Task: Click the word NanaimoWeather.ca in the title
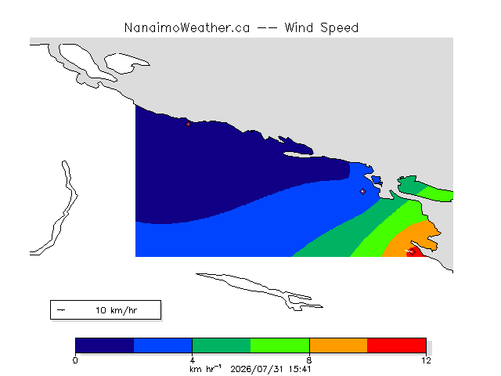pos(187,28)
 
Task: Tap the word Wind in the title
pos(299,28)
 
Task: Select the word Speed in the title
pos(339,28)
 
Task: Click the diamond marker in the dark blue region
pos(188,124)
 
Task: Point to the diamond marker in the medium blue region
pos(362,191)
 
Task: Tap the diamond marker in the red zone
pos(413,251)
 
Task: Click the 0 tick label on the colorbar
pos(75,360)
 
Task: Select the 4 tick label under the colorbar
pos(193,360)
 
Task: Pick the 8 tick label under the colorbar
pos(309,360)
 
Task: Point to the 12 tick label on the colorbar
pos(426,360)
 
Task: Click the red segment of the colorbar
pos(397,345)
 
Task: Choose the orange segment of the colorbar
pos(338,345)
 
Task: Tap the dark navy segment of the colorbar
pos(104,345)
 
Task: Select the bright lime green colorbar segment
pos(280,345)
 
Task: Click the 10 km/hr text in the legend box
pos(117,310)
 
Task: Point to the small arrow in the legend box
pos(61,310)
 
